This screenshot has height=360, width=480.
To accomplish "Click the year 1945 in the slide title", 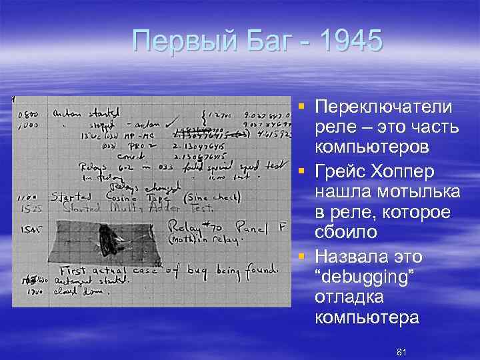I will pyautogui.click(x=351, y=41).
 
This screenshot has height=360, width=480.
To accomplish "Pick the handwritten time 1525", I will pyautogui.click(x=27, y=209).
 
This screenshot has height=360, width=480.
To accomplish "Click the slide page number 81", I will pyautogui.click(x=401, y=351).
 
